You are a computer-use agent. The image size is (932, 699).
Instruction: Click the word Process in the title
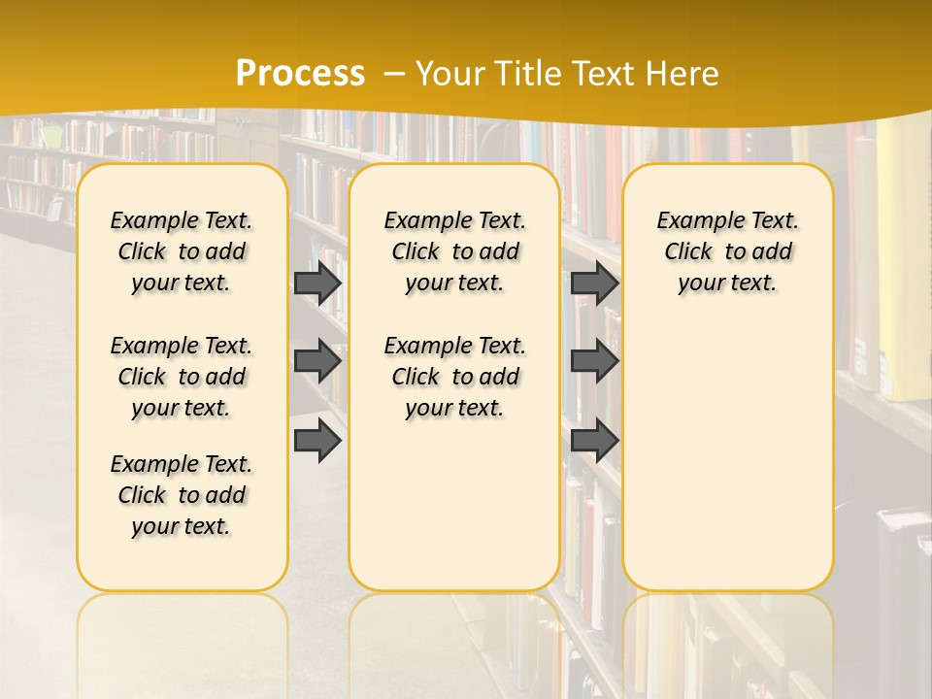pyautogui.click(x=300, y=73)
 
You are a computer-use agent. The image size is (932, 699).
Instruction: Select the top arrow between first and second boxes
pyautogui.click(x=317, y=283)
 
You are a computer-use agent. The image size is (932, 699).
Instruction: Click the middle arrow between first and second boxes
pyautogui.click(x=317, y=361)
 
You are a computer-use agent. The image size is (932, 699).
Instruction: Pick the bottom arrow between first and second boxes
pyautogui.click(x=317, y=440)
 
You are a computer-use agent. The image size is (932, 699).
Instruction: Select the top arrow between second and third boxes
pyautogui.click(x=594, y=283)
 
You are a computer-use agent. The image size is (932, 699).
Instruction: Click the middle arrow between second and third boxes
pyautogui.click(x=594, y=361)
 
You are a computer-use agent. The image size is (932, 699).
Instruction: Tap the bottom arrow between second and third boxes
pyautogui.click(x=594, y=440)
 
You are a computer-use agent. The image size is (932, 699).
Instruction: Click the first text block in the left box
pyautogui.click(x=182, y=251)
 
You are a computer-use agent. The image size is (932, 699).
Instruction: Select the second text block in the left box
pyautogui.click(x=182, y=377)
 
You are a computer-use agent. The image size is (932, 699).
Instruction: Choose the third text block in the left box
pyautogui.click(x=182, y=495)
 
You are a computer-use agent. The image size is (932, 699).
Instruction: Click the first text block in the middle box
pyautogui.click(x=454, y=251)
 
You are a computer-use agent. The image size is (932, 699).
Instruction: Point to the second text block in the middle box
pyautogui.click(x=454, y=377)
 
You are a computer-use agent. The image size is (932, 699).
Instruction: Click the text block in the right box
pyautogui.click(x=727, y=251)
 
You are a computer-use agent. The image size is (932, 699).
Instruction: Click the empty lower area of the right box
pyautogui.click(x=727, y=456)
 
